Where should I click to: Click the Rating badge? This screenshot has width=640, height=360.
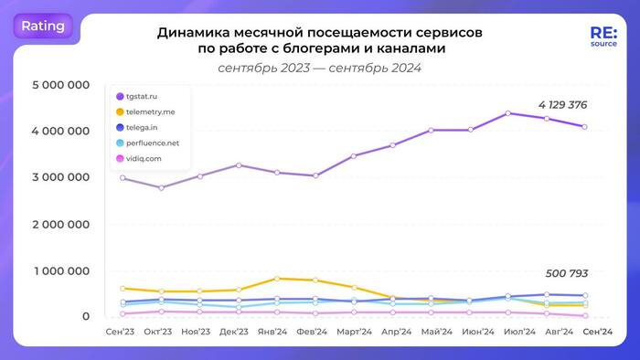pos(43,26)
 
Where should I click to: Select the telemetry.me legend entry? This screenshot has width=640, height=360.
pos(158,112)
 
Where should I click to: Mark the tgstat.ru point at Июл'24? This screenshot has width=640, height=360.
pos(508,113)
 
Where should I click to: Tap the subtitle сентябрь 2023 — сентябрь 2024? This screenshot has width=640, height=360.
pos(320,68)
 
